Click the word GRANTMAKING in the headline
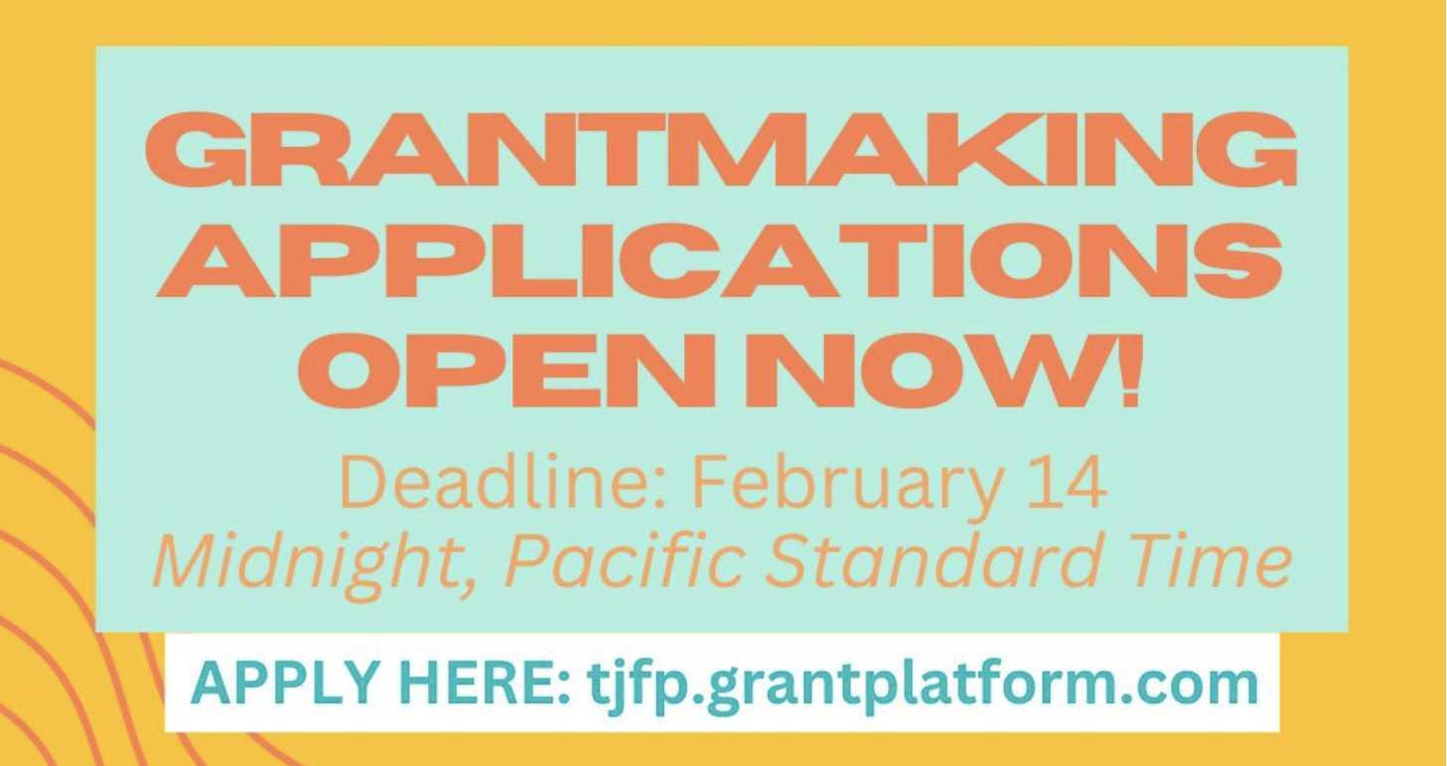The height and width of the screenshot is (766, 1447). pos(722,149)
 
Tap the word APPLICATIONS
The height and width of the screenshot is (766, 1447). pos(719,260)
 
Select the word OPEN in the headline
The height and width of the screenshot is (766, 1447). pos(507,371)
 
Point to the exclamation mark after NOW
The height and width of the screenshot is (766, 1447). pos(1130,371)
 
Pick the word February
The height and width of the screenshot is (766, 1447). pos(847,487)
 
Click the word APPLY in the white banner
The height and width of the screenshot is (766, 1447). pos(285,684)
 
